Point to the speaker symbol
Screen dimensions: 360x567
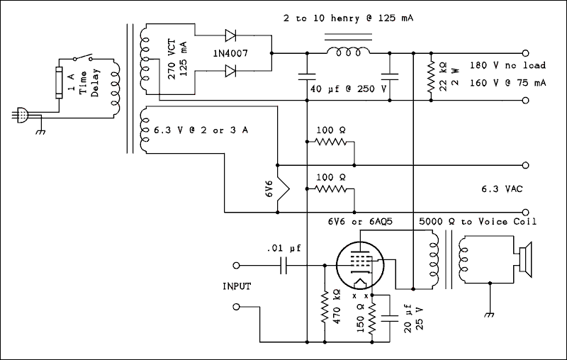[x=525, y=260]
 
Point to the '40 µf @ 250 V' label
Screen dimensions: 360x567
[x=348, y=90]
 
